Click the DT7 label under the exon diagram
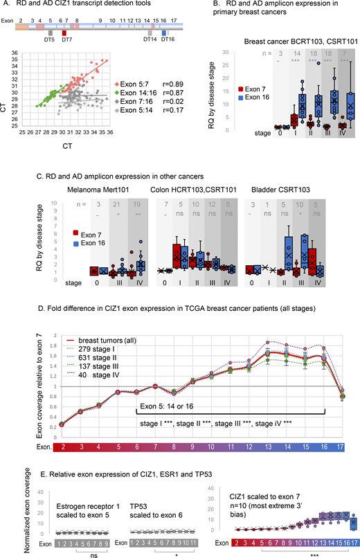click(x=67, y=39)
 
